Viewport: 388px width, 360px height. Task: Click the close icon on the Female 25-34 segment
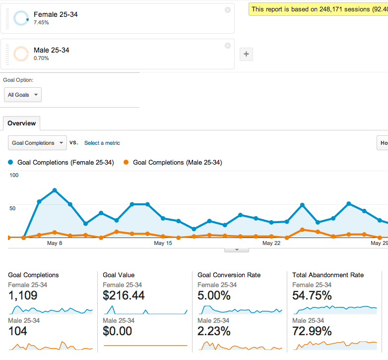(228, 10)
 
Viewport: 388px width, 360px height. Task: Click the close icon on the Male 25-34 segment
(228, 46)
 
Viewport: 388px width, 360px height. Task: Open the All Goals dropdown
(23, 95)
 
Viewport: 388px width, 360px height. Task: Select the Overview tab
(21, 123)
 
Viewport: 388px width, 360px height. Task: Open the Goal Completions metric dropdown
(37, 143)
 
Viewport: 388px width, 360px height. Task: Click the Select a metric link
(102, 143)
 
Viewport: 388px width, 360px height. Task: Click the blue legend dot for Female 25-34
(10, 162)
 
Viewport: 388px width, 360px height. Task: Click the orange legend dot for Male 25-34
(126, 162)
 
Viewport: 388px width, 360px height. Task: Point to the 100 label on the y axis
(14, 176)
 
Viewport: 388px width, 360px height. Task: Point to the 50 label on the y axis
(12, 208)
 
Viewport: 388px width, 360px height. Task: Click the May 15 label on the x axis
(163, 243)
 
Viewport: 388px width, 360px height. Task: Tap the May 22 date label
(271, 243)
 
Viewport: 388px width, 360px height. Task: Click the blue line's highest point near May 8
(55, 190)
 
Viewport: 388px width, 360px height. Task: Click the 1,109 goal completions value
(23, 296)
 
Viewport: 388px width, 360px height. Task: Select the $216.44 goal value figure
(124, 296)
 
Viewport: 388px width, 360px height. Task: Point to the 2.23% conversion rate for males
(214, 331)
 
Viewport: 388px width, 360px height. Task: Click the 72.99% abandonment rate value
(312, 331)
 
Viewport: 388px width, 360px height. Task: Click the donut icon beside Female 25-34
(21, 11)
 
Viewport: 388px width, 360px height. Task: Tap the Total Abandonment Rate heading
(328, 275)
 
